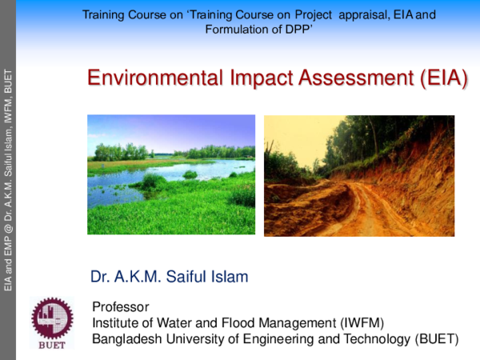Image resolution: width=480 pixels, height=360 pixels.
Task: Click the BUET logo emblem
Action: coord(51,318)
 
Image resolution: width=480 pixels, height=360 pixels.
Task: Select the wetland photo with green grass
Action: coord(170,174)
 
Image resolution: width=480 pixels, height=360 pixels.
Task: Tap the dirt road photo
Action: coord(358,175)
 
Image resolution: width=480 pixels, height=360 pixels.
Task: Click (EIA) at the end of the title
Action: coord(442,78)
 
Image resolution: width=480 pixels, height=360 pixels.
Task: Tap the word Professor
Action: coord(121,307)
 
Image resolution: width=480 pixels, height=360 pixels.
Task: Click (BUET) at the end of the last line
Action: coord(437,338)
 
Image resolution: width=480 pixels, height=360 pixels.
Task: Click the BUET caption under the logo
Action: coord(52,346)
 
